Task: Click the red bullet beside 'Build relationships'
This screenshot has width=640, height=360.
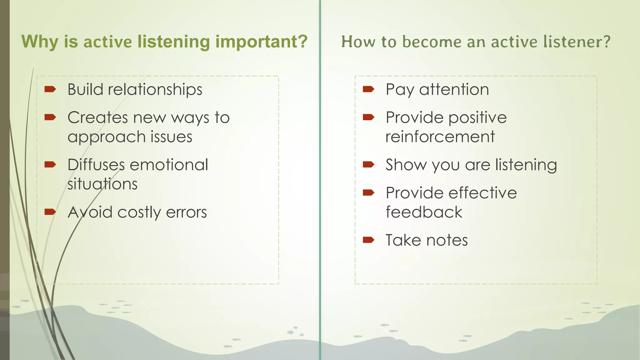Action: [50, 90]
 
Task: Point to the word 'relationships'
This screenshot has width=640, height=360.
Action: [155, 90]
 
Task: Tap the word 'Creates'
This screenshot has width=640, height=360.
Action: [97, 118]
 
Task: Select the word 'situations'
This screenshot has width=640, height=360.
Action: [102, 184]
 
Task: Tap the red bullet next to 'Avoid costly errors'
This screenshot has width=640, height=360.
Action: [50, 212]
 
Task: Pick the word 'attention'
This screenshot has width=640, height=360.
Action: [454, 90]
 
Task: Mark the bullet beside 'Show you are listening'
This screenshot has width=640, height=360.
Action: [368, 165]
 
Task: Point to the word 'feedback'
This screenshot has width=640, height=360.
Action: [424, 212]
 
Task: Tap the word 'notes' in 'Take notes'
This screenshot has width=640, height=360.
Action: [447, 241]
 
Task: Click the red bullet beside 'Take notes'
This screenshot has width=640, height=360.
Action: [368, 240]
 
